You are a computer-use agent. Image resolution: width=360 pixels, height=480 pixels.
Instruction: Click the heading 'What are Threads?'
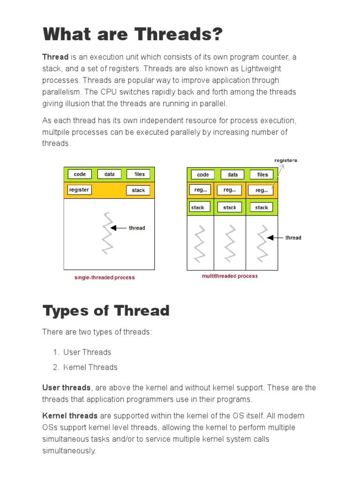(133, 34)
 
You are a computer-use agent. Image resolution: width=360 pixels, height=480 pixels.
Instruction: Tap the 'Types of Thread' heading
(106, 310)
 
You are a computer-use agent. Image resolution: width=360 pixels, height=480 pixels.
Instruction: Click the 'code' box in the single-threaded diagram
(80, 174)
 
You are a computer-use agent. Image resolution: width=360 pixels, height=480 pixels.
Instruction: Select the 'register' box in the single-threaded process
(79, 190)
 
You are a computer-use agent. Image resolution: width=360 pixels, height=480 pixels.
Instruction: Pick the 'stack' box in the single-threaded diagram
(138, 190)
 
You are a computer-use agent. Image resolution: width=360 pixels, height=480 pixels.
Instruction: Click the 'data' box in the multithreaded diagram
(232, 174)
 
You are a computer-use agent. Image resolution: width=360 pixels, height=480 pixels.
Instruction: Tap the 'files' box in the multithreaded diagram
(262, 174)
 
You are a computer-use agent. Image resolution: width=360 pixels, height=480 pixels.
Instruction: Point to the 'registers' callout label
(285, 160)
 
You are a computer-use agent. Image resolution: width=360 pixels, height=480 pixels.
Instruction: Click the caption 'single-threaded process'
(105, 277)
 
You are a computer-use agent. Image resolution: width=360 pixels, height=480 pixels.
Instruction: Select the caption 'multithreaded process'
(230, 276)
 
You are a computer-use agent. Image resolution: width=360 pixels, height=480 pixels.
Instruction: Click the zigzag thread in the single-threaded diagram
(108, 233)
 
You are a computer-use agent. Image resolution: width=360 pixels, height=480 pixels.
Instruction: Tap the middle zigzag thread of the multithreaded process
(229, 243)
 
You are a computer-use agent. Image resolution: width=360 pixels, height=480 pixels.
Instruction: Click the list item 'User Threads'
(87, 352)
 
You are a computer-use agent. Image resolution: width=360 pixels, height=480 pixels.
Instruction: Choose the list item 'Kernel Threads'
(90, 367)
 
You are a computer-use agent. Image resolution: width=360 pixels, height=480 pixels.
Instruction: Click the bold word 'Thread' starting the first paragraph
(55, 57)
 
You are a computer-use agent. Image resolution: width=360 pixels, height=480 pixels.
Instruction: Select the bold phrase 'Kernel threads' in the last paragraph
(70, 416)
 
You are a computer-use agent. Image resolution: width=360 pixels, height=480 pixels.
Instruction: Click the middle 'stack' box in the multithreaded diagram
(230, 207)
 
